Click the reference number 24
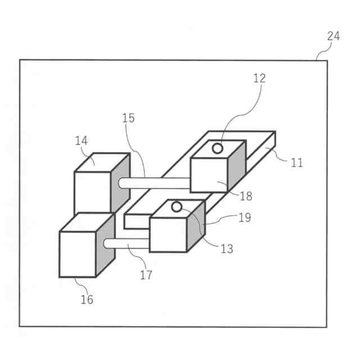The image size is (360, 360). click(x=333, y=37)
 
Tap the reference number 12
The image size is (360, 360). click(x=259, y=78)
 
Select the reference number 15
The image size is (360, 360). click(x=128, y=118)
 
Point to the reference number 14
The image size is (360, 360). click(x=82, y=141)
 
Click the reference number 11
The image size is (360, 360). click(x=297, y=163)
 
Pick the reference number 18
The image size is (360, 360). click(x=245, y=196)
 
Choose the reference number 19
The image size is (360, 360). click(x=244, y=217)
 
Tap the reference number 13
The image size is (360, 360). click(x=226, y=249)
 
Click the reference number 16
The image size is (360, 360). click(x=87, y=299)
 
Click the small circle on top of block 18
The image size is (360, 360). click(x=217, y=148)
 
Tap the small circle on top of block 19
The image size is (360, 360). click(x=177, y=207)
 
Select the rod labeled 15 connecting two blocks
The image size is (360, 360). click(x=155, y=182)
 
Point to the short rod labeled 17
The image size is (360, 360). click(x=127, y=244)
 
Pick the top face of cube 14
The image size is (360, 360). click(x=101, y=162)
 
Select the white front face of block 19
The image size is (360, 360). click(x=168, y=235)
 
